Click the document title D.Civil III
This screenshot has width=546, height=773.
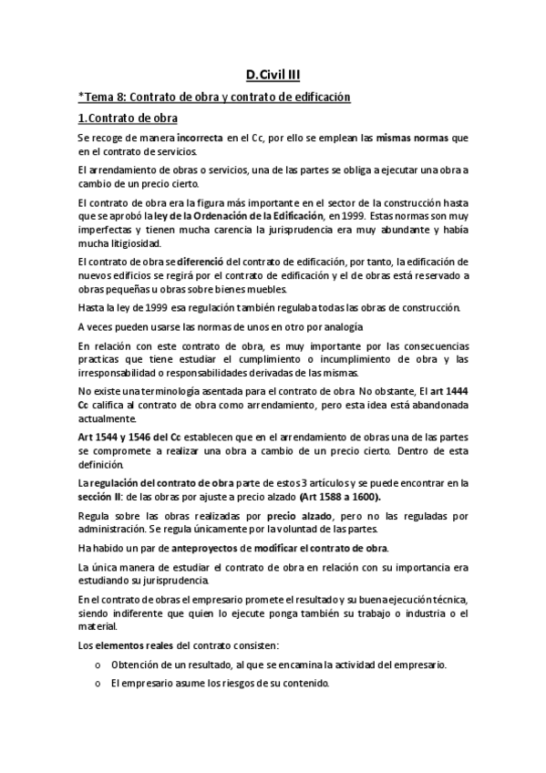(273, 77)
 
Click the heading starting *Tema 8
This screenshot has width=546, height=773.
(214, 97)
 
